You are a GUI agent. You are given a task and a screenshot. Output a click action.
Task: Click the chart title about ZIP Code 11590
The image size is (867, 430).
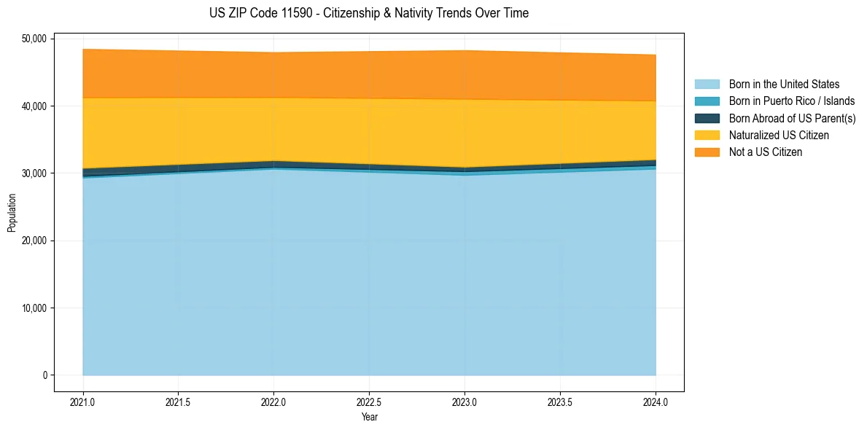[x=368, y=13]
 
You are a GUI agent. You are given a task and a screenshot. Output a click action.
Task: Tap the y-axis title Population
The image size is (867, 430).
[x=12, y=212]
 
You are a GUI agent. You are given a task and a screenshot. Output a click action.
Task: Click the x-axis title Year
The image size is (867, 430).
[x=369, y=418]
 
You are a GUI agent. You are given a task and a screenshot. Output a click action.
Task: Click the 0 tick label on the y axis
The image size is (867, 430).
[x=43, y=375]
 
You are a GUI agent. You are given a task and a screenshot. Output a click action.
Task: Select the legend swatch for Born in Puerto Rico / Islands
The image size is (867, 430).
[x=707, y=101]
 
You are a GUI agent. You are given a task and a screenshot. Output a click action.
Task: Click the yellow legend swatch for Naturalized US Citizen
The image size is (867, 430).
[x=707, y=135]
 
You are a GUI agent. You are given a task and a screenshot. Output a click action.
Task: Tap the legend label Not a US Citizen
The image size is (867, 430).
[x=765, y=152]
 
